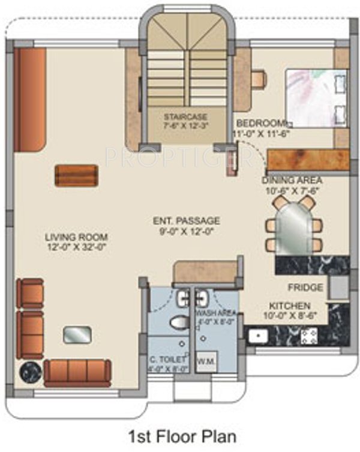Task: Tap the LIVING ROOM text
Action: coord(76,237)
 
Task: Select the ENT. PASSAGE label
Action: coord(186,221)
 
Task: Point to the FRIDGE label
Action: coord(305,288)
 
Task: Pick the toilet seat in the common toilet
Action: coord(179,323)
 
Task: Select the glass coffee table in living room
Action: coord(77,334)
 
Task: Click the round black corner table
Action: coord(30,372)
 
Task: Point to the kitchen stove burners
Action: coord(309,336)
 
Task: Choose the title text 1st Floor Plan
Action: coord(179,434)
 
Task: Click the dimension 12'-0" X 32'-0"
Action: coord(76,247)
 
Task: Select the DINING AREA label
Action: coord(292,180)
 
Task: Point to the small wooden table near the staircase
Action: coord(76,175)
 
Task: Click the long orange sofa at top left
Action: coord(30,100)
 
